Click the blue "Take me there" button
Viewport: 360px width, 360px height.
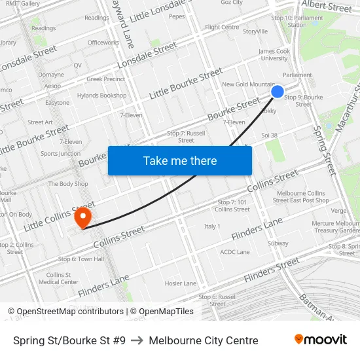(x=180, y=160)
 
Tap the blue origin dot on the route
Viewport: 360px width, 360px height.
(x=278, y=92)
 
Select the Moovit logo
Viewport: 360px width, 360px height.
(x=321, y=340)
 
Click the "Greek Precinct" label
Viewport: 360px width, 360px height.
(x=106, y=79)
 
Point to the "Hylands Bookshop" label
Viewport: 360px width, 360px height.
(x=101, y=96)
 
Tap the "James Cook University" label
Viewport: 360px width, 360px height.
(x=274, y=55)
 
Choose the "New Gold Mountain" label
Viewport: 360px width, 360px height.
(x=248, y=84)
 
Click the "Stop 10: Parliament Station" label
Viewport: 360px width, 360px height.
(x=297, y=22)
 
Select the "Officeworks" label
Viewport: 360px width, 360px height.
(x=103, y=43)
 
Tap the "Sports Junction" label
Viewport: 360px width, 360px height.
(x=61, y=154)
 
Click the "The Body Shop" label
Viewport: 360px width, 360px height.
(x=68, y=184)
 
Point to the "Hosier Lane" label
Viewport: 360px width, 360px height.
(x=181, y=283)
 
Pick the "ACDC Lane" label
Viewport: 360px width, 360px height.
(x=235, y=252)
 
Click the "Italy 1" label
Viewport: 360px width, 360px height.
(x=212, y=226)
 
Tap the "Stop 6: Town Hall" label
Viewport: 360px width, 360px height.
(x=81, y=259)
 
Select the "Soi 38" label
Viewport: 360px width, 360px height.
(x=270, y=135)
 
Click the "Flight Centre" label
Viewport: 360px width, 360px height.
(x=222, y=27)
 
